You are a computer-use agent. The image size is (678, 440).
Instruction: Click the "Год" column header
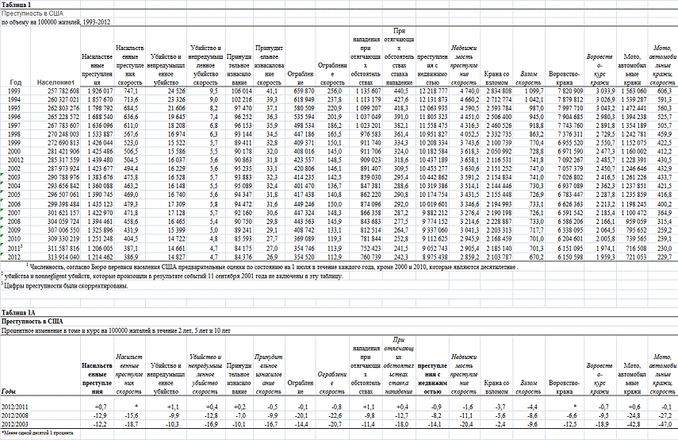(15, 82)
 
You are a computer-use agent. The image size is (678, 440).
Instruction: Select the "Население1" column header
(56, 82)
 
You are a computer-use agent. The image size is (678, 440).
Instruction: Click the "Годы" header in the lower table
(9, 392)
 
